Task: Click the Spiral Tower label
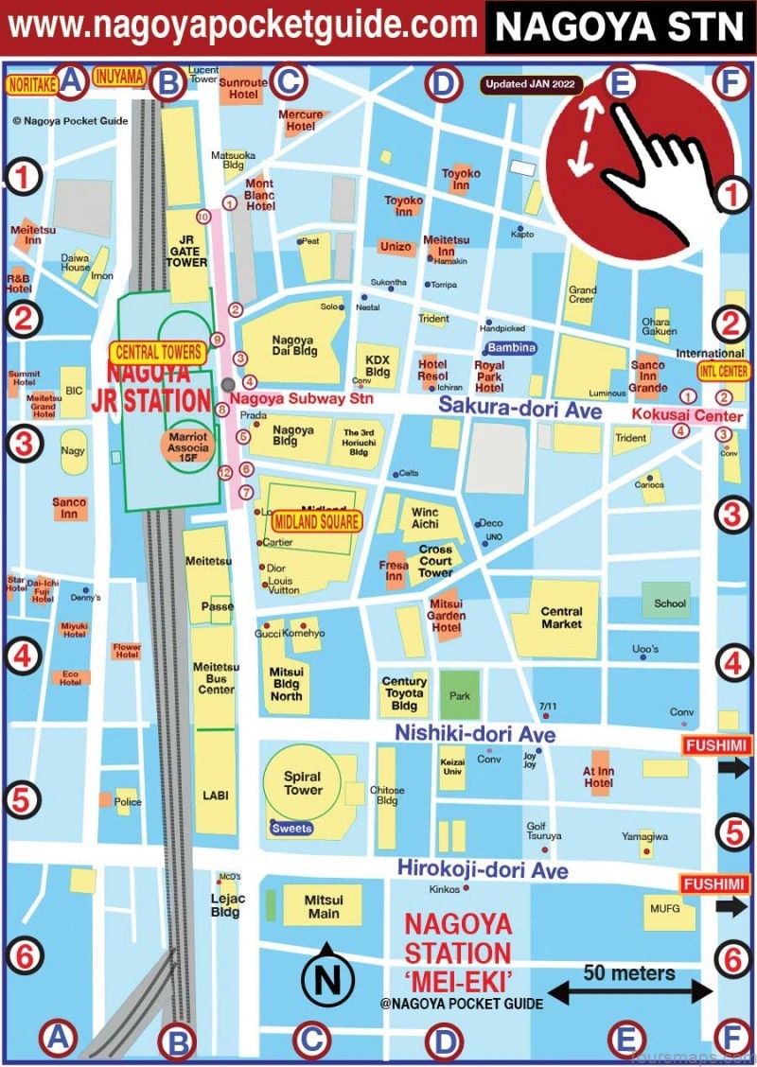[x=303, y=783]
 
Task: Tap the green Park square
[x=460, y=694]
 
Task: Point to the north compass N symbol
[x=326, y=980]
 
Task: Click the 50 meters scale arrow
[x=629, y=991]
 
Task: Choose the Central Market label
[x=561, y=618]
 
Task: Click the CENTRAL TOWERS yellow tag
[x=157, y=353]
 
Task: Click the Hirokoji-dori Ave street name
[x=483, y=868]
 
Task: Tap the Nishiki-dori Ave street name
[x=475, y=734]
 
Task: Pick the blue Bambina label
[x=512, y=348]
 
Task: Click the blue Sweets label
[x=291, y=829]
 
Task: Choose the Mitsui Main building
[x=324, y=905]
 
